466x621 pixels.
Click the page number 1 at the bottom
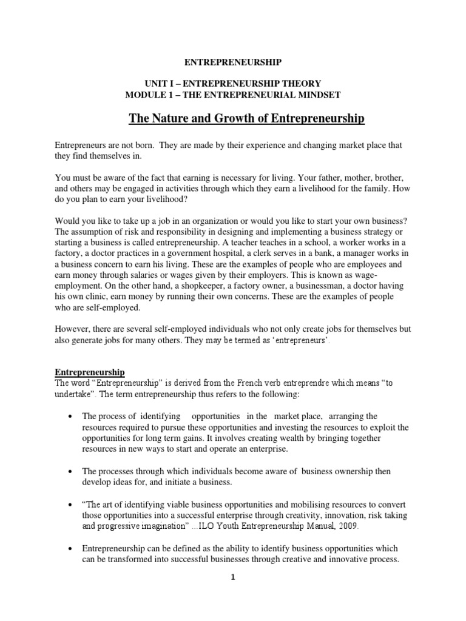[x=232, y=578]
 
